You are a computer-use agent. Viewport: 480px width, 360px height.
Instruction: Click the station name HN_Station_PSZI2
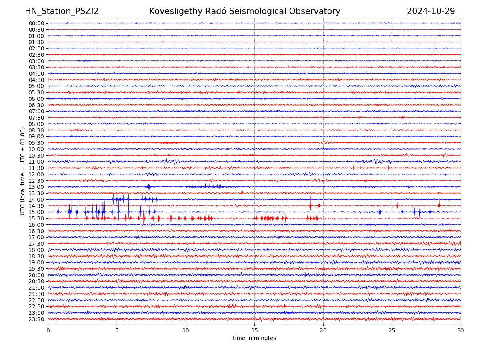[62, 11]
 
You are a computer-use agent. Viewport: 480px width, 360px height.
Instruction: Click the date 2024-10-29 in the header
[431, 11]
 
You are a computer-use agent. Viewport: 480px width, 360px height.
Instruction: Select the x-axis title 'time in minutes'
[254, 338]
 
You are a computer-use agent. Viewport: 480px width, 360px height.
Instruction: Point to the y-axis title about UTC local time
[23, 171]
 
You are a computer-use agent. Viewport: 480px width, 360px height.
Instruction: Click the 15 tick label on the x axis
[254, 331]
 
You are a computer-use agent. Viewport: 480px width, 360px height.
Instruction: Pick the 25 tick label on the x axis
[392, 331]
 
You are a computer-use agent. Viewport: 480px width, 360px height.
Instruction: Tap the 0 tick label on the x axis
[48, 331]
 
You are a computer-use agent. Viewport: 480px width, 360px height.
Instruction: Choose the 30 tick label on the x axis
[461, 331]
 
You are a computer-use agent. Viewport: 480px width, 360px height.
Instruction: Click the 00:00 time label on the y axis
[36, 23]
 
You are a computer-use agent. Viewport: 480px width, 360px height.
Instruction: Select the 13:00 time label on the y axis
[36, 187]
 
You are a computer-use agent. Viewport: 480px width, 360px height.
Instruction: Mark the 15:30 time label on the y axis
[36, 218]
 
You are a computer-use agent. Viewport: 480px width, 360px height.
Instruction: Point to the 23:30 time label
[36, 319]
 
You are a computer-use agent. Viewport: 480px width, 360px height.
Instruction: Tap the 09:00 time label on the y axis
[36, 136]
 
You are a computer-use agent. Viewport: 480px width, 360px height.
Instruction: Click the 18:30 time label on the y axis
[36, 256]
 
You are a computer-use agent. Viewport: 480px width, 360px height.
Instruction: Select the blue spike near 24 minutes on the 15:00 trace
[380, 212]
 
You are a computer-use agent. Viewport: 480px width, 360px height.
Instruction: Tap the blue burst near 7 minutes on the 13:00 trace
[149, 186]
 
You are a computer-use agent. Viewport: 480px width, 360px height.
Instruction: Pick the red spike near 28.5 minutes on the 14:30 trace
[439, 205]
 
